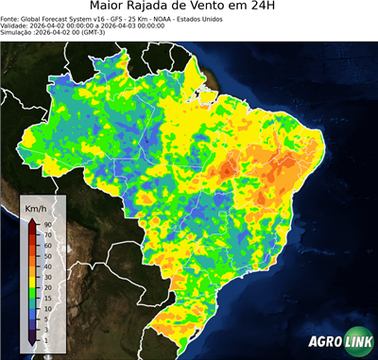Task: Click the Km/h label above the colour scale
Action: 37,207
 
